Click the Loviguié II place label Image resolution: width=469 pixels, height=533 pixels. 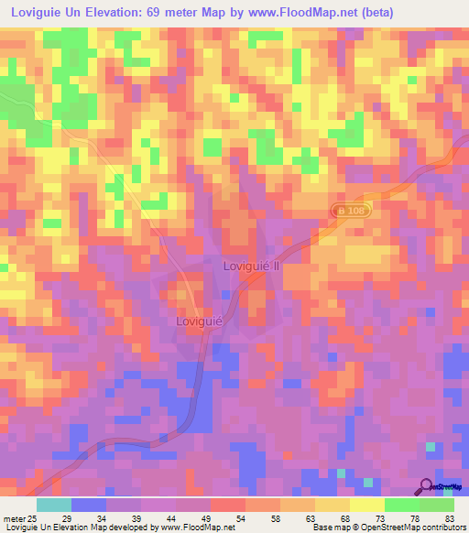pos(251,265)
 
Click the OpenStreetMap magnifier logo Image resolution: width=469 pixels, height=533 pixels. pos(426,488)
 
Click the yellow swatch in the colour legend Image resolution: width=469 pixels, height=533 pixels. pos(366,505)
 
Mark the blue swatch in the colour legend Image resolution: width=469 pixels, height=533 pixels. pos(88,505)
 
